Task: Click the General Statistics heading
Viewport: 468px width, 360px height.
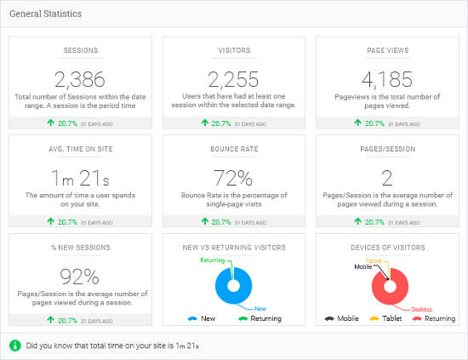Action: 46,14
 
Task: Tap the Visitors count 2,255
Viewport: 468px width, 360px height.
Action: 234,80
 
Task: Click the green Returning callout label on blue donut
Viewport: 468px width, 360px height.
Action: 212,260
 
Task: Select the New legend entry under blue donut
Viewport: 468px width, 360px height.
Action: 202,319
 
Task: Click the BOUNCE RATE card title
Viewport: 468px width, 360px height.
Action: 234,148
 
